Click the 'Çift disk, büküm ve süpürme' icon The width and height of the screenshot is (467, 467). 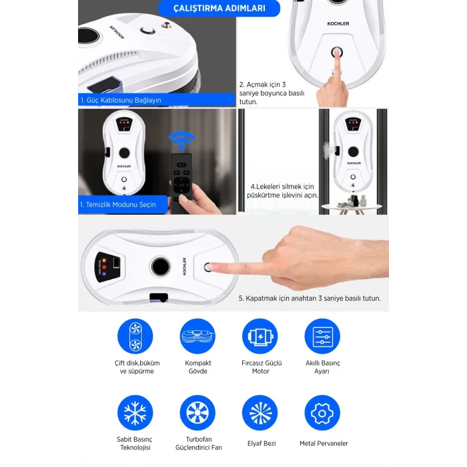coord(135,336)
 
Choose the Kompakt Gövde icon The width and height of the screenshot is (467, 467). coord(198,336)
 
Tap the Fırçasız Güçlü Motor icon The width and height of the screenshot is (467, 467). coord(260,336)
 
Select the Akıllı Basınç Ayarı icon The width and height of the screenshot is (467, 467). coord(322,336)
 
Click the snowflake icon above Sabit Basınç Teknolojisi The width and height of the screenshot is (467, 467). coord(135,413)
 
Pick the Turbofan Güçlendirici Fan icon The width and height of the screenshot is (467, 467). coord(198,413)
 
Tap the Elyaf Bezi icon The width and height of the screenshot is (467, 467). coord(260,413)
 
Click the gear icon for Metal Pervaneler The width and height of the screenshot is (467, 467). coord(322,413)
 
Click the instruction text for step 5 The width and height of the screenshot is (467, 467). coord(310,298)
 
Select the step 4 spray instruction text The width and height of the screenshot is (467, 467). coord(284,191)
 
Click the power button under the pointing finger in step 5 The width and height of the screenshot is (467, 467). coord(209,267)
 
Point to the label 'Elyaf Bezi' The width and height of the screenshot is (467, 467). coord(260,443)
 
